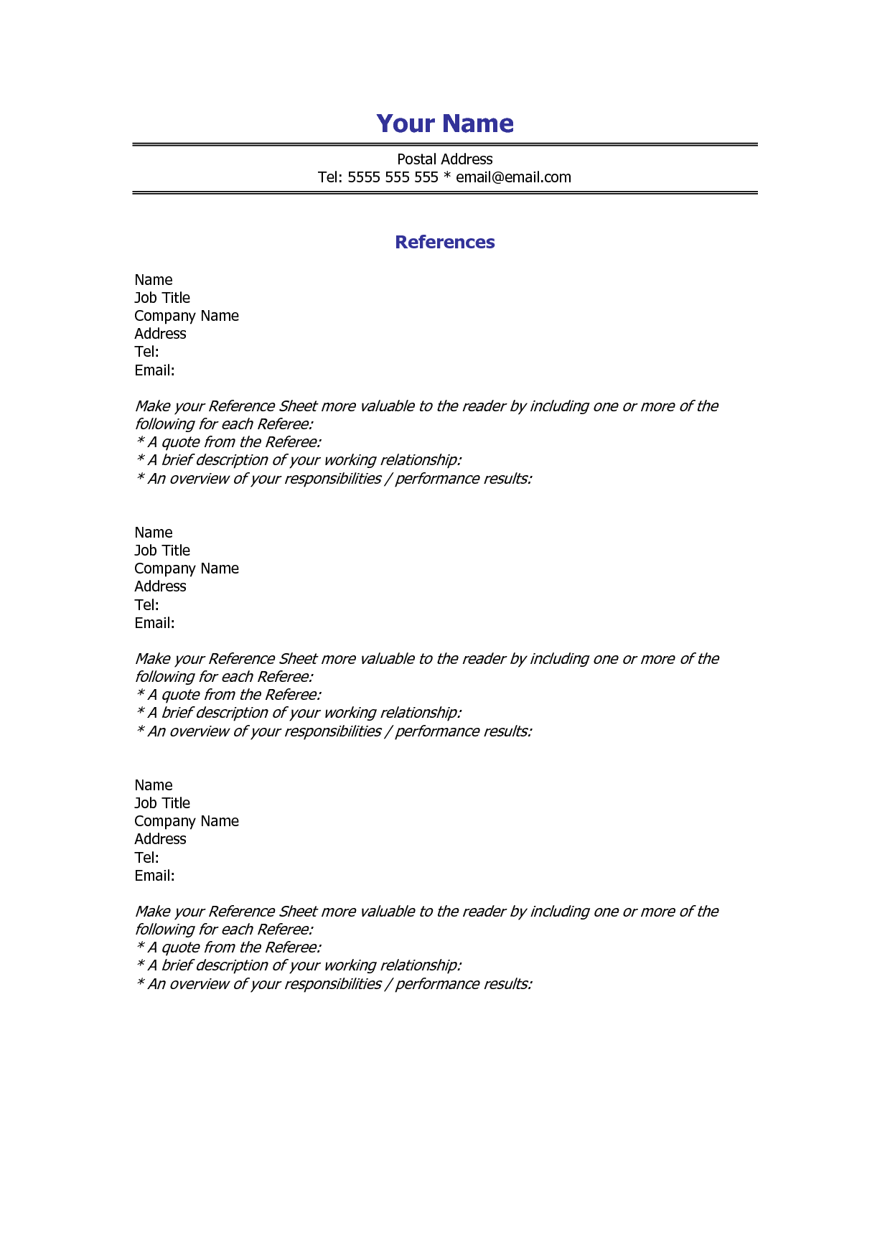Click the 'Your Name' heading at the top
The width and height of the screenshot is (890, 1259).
click(x=445, y=123)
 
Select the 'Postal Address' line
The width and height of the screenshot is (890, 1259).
click(x=445, y=159)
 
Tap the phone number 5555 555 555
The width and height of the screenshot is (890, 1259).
click(x=393, y=177)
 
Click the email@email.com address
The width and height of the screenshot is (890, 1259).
click(x=513, y=177)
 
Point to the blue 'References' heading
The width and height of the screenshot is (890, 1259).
click(x=445, y=242)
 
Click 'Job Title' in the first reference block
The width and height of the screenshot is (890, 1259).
click(x=162, y=298)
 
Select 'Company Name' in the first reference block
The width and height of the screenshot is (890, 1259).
click(x=187, y=316)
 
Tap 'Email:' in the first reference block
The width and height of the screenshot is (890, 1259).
click(x=154, y=370)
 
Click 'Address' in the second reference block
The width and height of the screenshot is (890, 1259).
click(x=160, y=586)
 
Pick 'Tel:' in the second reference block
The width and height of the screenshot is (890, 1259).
click(x=146, y=605)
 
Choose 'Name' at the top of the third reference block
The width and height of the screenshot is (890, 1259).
click(x=154, y=785)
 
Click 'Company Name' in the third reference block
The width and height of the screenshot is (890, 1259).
click(x=187, y=821)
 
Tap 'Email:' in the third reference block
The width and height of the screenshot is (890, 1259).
click(x=154, y=876)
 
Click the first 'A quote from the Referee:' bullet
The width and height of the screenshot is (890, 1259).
click(x=229, y=442)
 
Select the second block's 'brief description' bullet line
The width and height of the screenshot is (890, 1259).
click(x=299, y=713)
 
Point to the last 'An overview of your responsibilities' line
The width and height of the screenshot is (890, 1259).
click(x=334, y=984)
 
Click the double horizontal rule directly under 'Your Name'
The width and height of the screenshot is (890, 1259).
click(x=445, y=144)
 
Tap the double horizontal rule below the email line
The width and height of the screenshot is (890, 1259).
click(x=445, y=192)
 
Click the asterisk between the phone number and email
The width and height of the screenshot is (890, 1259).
click(x=447, y=177)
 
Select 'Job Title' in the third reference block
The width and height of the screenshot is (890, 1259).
click(x=162, y=803)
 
